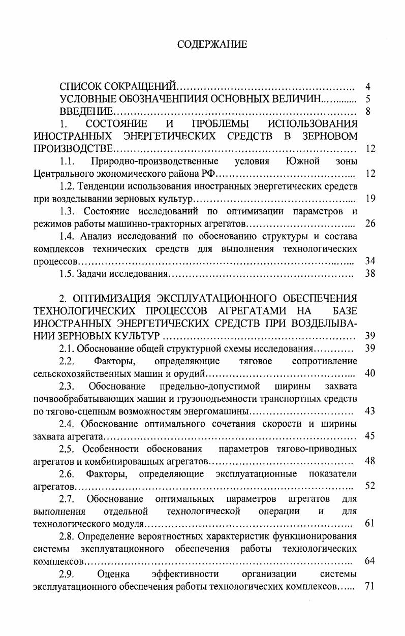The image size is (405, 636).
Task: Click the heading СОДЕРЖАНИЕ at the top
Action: pos(212,45)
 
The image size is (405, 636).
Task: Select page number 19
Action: pos(370,199)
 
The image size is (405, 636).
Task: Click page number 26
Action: pos(370,224)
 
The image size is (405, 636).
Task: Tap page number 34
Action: pos(370,261)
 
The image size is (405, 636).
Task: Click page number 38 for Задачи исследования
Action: pos(370,274)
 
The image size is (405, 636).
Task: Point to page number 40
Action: pos(370,373)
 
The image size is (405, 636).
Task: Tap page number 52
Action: pos(370,486)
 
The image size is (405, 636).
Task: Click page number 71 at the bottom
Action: pos(370,587)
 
